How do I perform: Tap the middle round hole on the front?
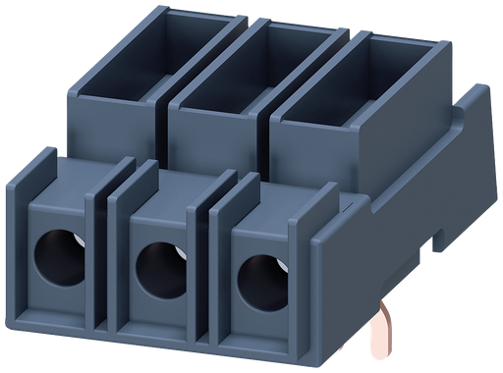pyautogui.click(x=155, y=267)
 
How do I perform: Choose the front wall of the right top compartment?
pyautogui.click(x=319, y=147)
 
